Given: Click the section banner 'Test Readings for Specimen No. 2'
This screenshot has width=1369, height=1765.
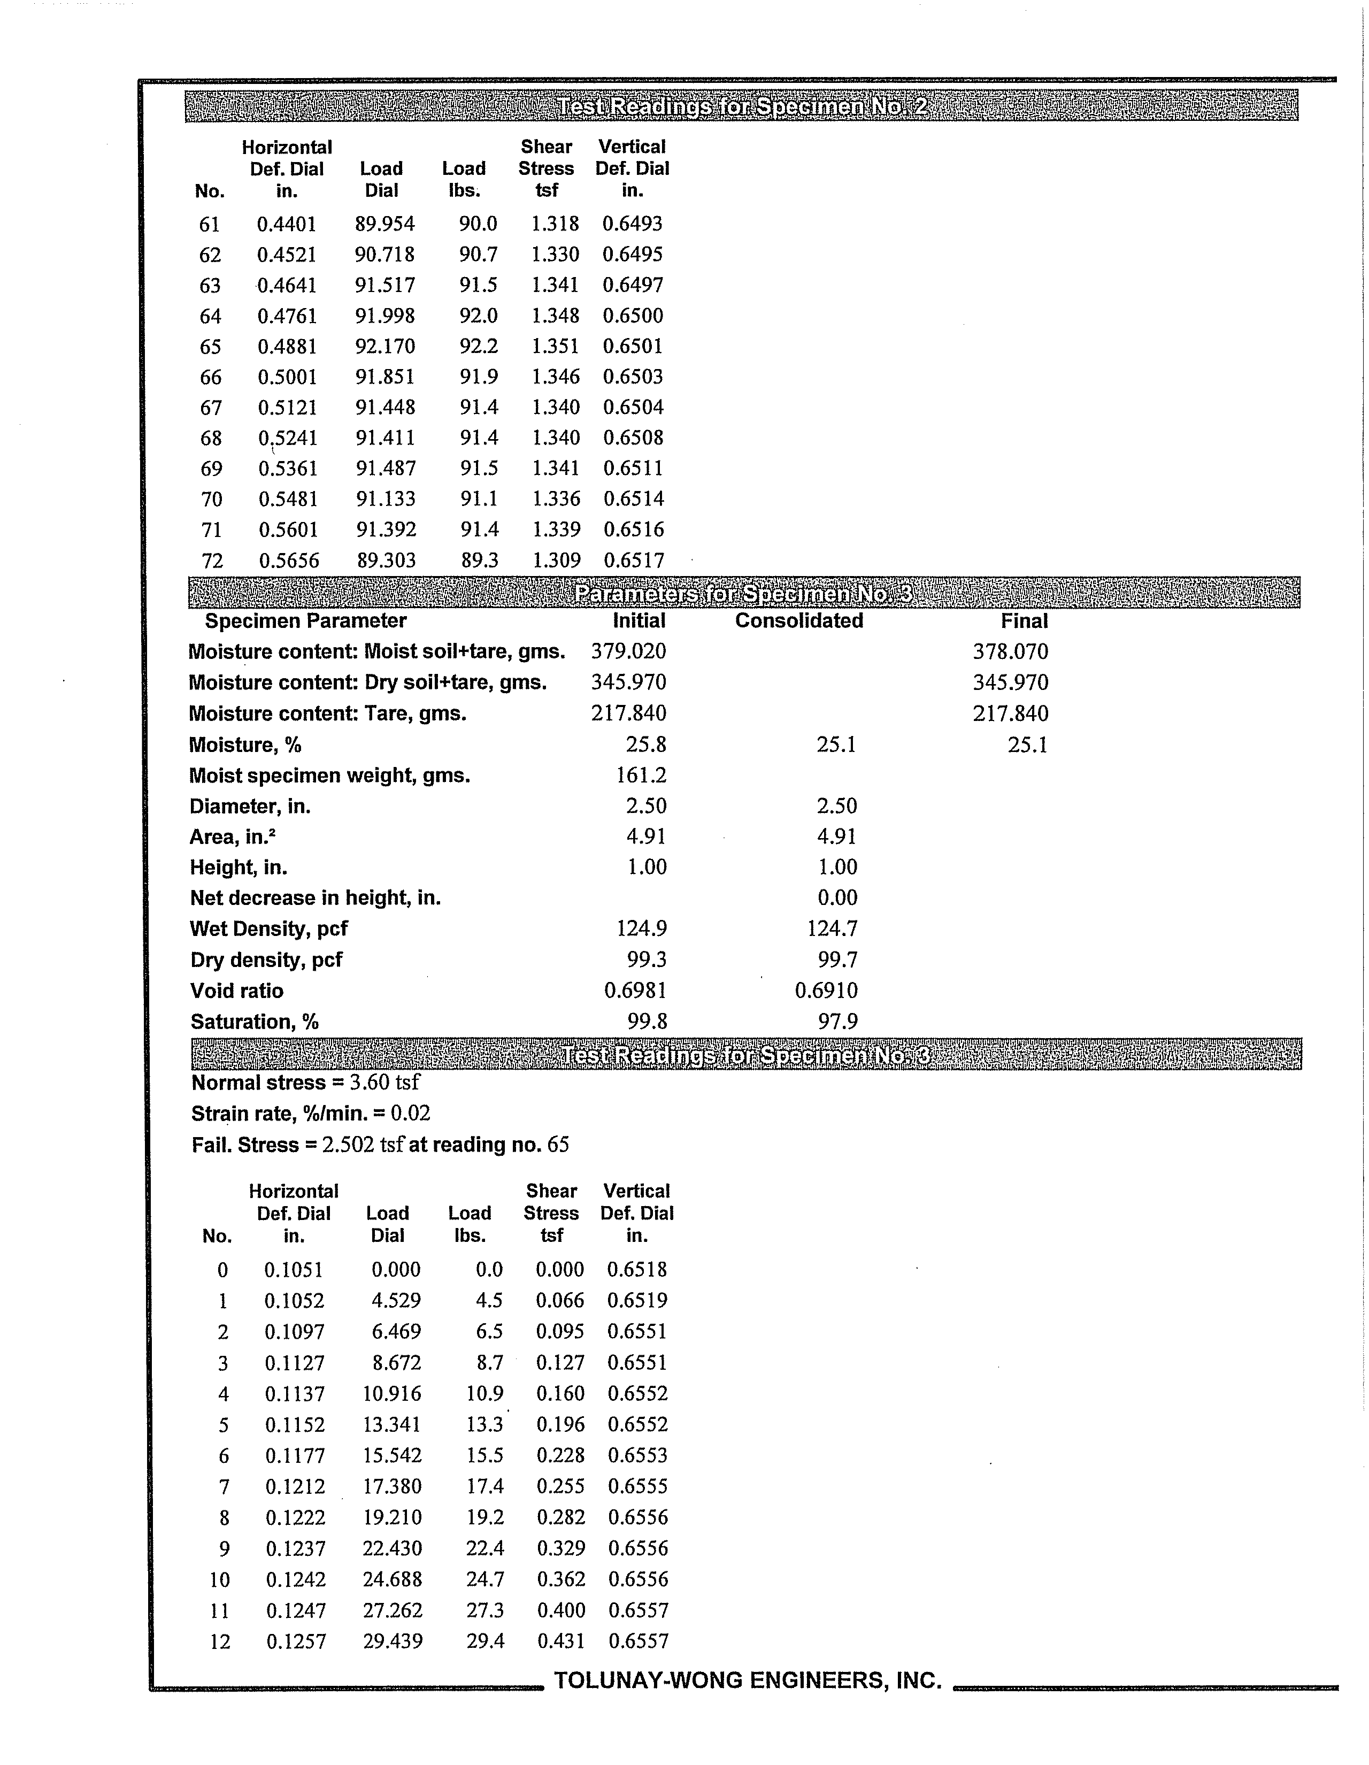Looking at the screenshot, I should tap(741, 106).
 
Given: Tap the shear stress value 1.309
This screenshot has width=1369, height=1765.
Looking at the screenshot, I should tap(556, 560).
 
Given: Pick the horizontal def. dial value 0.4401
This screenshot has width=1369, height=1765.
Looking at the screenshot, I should tap(286, 224).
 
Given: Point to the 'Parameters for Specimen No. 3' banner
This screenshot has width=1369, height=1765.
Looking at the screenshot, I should tap(743, 594).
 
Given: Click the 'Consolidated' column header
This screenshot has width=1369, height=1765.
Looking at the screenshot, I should tap(798, 620).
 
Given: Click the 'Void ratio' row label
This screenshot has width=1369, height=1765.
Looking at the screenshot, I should tap(237, 991).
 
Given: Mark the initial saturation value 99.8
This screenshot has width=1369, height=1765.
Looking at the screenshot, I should tap(647, 1022).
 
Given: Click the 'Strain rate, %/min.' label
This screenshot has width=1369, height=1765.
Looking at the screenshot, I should tap(287, 1114).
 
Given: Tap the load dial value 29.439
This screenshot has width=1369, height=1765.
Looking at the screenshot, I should tap(392, 1641).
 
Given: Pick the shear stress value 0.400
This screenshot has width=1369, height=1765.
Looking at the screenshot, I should tap(561, 1610).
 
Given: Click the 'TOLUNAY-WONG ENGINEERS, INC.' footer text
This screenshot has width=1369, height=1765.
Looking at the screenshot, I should tap(748, 1681).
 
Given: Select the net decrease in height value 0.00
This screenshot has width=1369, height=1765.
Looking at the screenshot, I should tap(837, 898).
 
